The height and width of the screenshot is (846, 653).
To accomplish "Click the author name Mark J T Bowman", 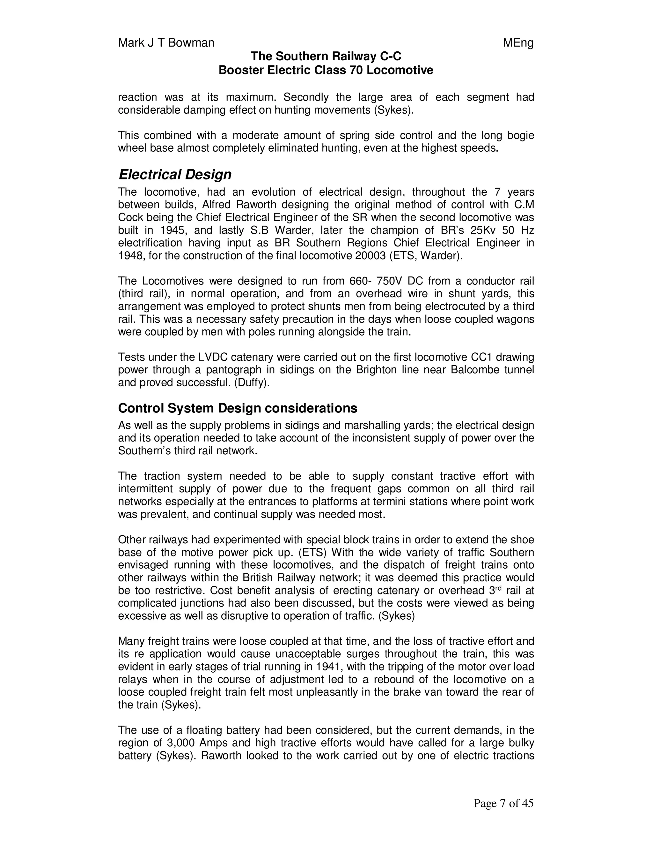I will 166,42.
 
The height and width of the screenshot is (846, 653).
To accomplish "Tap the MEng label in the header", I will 518,42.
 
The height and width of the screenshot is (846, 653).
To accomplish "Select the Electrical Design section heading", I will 175,175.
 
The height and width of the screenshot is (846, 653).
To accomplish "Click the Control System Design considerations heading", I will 238,408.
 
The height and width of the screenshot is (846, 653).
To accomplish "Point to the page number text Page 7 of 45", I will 503,804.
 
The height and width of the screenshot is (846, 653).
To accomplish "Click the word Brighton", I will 367,370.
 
